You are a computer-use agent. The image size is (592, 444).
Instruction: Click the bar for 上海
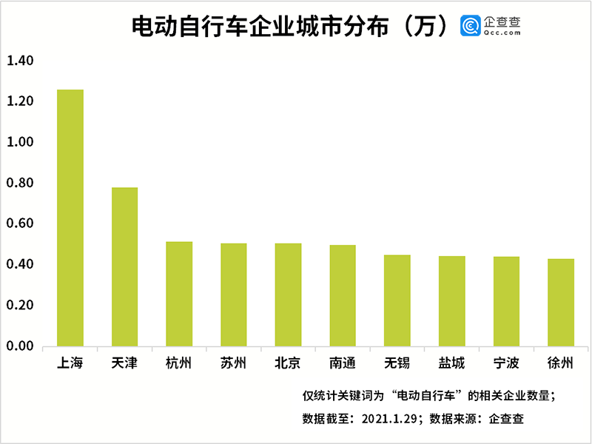70,218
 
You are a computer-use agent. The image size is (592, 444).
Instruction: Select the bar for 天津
124,266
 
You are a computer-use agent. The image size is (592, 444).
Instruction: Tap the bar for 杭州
179,294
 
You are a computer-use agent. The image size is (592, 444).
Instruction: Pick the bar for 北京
288,295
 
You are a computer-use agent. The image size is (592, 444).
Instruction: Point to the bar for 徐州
561,302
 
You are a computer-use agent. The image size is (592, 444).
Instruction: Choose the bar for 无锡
397,300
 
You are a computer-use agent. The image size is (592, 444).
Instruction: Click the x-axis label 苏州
234,363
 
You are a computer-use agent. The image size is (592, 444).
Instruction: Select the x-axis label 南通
343,363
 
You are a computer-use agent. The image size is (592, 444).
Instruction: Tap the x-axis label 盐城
451,363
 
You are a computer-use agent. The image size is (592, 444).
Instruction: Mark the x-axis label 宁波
506,363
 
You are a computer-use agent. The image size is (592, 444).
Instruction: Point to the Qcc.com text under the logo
503,33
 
